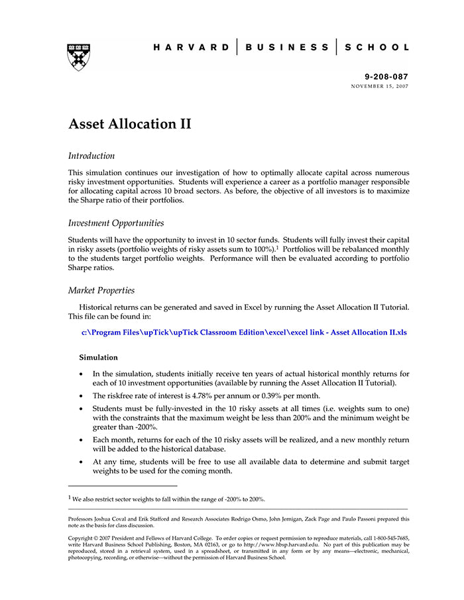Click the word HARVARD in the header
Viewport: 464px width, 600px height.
(x=191, y=48)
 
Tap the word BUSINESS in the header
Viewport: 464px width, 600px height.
(x=286, y=48)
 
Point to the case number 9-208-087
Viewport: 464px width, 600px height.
(x=386, y=77)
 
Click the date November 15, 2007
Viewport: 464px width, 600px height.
(x=380, y=87)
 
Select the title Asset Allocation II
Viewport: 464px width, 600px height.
(x=130, y=124)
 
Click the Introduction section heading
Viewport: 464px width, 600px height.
(x=91, y=156)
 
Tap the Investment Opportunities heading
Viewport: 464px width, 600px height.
(x=116, y=223)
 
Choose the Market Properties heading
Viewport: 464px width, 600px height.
(x=101, y=291)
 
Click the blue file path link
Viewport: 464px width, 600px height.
(x=244, y=332)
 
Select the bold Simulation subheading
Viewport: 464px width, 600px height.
(x=99, y=358)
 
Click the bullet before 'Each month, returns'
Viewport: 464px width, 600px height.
(x=82, y=440)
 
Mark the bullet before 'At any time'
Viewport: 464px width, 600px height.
(x=82, y=462)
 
